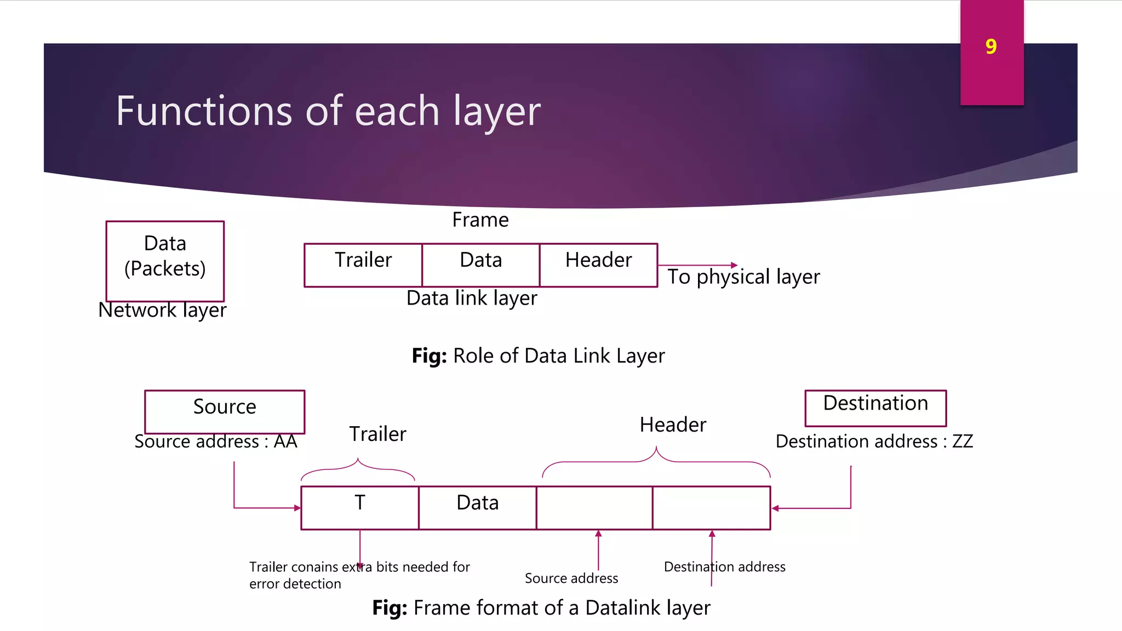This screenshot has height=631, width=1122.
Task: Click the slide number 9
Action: [x=991, y=47]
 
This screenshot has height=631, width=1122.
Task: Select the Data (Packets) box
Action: [x=165, y=261]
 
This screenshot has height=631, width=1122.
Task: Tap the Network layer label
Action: [x=162, y=310]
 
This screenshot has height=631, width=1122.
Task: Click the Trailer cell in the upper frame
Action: [x=363, y=265]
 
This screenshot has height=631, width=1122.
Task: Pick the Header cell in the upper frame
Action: [x=598, y=265]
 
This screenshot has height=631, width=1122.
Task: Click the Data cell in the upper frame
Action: [x=480, y=265]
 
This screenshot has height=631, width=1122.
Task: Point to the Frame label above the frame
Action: [x=480, y=220]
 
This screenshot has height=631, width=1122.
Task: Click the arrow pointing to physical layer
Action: [x=698, y=265]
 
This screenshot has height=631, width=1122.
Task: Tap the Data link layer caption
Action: [x=472, y=298]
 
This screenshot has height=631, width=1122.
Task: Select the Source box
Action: [x=225, y=411]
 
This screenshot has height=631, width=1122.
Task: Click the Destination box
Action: [x=875, y=408]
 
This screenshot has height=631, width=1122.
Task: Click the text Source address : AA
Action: [x=216, y=441]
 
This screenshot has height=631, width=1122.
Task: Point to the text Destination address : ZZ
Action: [x=874, y=441]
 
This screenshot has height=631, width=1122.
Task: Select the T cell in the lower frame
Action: [x=360, y=508]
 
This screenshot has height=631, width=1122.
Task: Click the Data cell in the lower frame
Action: [x=478, y=508]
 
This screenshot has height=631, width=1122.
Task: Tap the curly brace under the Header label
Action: [x=656, y=460]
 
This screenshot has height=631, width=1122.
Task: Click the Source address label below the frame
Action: [x=571, y=578]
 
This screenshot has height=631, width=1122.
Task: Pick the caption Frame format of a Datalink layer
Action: [x=541, y=608]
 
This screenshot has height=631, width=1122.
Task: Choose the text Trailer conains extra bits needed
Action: [x=359, y=567]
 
